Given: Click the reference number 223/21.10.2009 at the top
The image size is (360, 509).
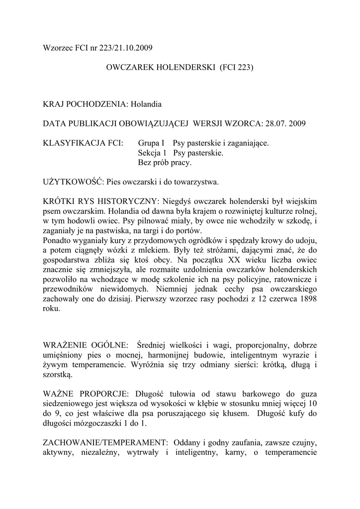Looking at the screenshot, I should [x=122, y=48].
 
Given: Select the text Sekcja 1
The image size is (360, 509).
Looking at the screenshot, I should [x=152, y=153].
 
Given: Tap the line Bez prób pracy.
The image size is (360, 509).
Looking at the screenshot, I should [x=164, y=162].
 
